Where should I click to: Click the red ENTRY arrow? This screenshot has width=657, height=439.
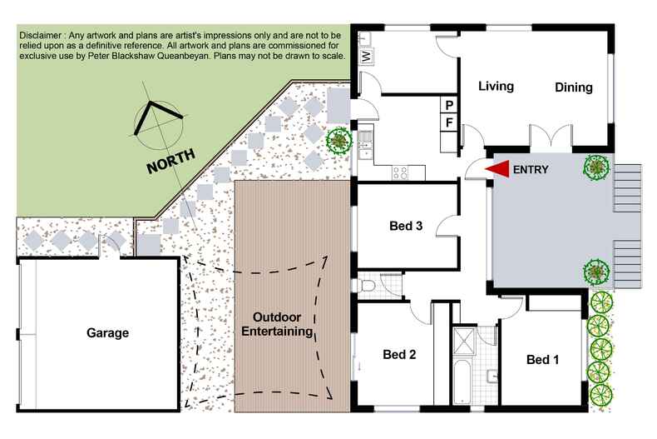[x=497, y=169]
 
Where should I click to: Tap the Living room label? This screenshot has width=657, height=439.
[x=496, y=86]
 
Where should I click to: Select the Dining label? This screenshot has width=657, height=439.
[x=574, y=87]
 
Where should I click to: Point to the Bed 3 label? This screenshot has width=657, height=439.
[x=406, y=226]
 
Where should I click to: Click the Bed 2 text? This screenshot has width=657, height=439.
[x=399, y=354]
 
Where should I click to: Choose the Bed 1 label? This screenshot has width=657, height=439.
[x=542, y=359]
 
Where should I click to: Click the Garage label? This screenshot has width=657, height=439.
[x=107, y=333]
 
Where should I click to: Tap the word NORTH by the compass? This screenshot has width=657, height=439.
[x=171, y=162]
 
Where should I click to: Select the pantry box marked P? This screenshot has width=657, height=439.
[x=449, y=104]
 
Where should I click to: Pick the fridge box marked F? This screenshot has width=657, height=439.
[x=449, y=122]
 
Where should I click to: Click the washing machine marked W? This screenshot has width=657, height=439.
[x=366, y=56]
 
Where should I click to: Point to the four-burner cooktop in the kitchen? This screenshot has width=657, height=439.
[x=400, y=172]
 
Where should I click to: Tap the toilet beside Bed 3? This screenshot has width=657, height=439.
[x=366, y=286]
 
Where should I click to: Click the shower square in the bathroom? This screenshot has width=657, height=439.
[x=464, y=341]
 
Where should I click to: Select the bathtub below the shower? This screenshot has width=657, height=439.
[x=463, y=381]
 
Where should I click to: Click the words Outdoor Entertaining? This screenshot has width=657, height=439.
[x=277, y=324]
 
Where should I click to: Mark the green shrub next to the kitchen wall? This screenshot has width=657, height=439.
[x=339, y=141]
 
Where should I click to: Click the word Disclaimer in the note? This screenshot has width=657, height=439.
[x=41, y=36]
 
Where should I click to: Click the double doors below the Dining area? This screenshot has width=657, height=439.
[x=551, y=137]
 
